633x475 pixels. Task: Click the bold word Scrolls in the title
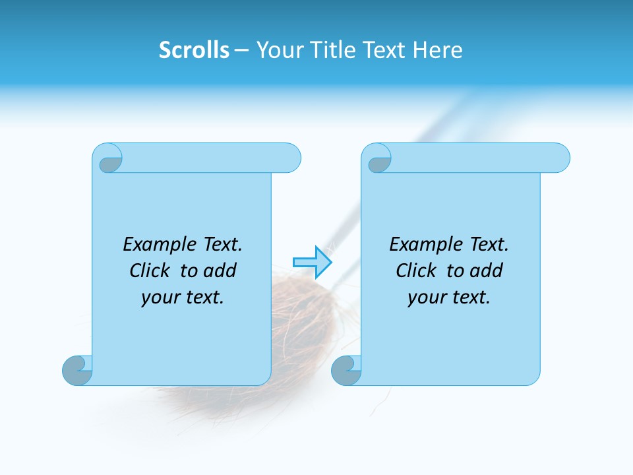click(x=194, y=50)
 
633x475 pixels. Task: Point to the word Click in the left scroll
click(x=150, y=271)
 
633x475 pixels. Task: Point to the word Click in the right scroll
click(x=417, y=271)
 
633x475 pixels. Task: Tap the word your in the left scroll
click(x=160, y=298)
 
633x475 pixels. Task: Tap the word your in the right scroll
click(x=426, y=298)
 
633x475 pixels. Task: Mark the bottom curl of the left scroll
click(x=77, y=370)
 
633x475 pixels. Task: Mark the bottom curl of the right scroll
click(x=346, y=370)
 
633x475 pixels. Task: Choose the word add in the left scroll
click(x=220, y=271)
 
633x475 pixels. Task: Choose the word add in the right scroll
click(x=487, y=271)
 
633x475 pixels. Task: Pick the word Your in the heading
click(x=278, y=50)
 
